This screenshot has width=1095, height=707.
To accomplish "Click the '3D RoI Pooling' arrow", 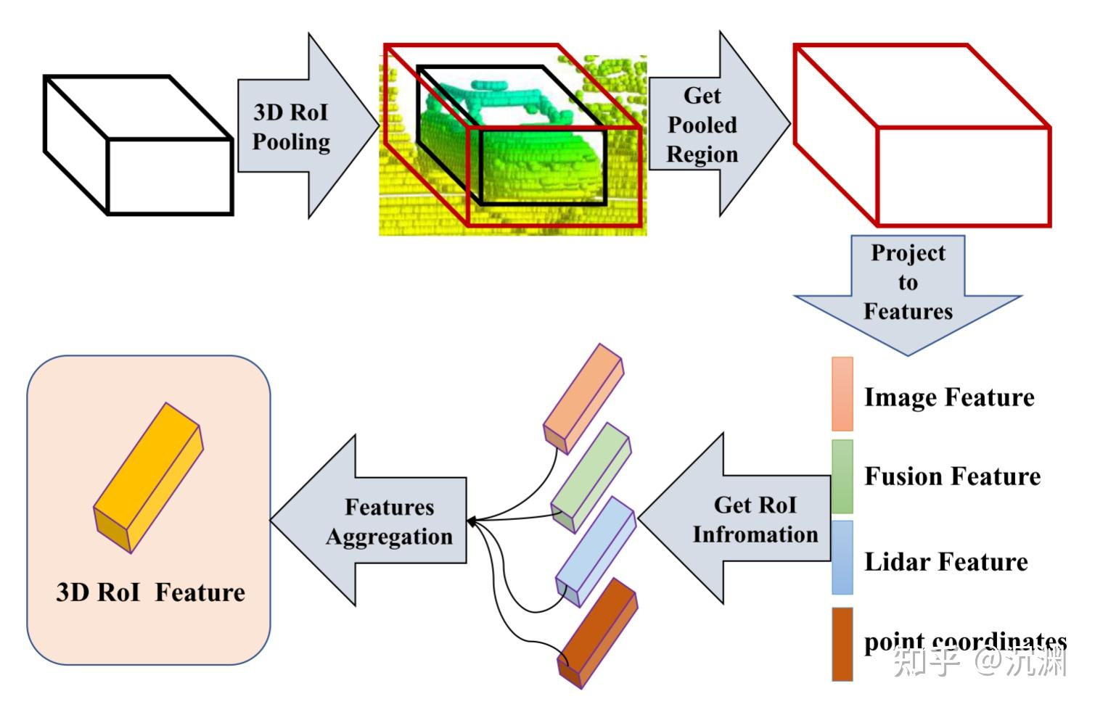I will pos(298,127).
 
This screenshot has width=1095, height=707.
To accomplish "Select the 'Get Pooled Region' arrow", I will pos(708,125).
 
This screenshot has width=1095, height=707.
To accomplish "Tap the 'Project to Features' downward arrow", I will pos(907,290).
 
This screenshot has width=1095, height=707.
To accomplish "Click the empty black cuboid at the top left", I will pos(138,145).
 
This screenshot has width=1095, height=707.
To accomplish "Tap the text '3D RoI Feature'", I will pos(150,592).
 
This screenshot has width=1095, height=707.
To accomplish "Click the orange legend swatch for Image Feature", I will pos(842,394).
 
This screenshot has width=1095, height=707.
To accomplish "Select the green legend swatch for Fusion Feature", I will pos(842,476).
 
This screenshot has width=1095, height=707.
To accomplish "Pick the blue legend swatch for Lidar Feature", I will pos(842,557).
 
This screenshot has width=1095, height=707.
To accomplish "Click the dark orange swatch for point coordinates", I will pos(842,644).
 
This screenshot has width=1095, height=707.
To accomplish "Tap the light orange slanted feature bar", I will pos(583,397).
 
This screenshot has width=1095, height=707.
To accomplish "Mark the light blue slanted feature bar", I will pos(595,551).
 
